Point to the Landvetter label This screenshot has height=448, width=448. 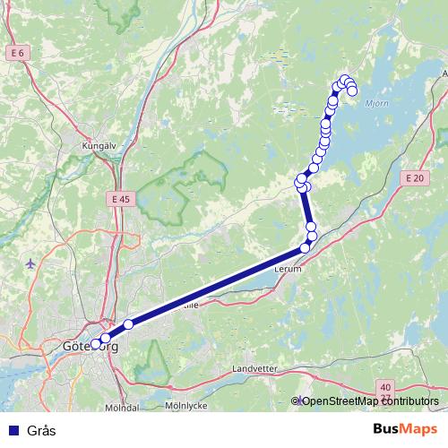click(256, 368)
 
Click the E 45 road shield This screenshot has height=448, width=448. click(122, 198)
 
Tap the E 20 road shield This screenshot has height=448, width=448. click(413, 178)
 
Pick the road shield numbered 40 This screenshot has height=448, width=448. click(384, 384)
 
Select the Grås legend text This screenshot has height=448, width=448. click(41, 430)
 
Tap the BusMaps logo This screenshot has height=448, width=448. click(404, 429)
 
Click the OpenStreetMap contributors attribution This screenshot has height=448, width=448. click(369, 401)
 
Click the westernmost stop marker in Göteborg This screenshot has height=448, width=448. click(96, 344)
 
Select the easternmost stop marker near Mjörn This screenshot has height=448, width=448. click(352, 90)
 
